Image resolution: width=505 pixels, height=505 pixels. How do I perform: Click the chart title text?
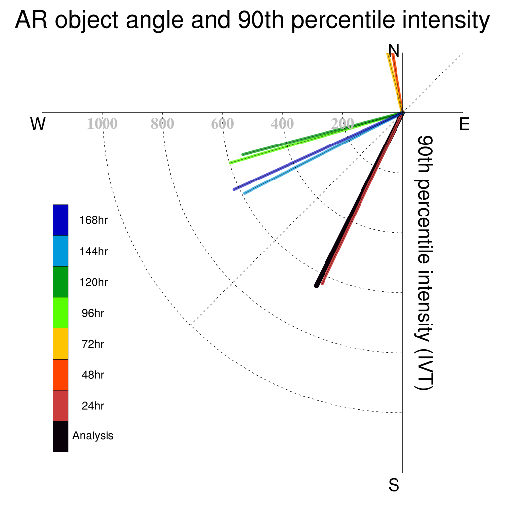252,20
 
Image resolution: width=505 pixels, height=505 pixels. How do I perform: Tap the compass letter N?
394,51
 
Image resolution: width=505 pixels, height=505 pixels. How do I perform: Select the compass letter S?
394,485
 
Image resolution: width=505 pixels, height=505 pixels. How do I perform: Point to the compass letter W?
38,124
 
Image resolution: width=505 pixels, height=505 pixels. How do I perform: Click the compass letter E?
464,124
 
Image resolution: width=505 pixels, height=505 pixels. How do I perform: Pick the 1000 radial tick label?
103,124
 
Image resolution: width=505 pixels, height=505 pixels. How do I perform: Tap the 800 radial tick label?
162,124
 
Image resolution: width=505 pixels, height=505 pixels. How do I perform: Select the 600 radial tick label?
222,124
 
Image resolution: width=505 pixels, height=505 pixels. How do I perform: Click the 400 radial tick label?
283,124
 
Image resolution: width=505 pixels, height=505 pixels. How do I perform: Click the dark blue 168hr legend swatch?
61,220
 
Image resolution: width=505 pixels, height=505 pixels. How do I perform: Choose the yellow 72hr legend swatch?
61,344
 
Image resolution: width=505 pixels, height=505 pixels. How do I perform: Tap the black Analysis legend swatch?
61,436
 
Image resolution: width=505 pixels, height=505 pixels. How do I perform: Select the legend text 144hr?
93,251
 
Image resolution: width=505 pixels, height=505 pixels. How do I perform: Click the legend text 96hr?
93,313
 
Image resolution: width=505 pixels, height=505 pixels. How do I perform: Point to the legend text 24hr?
93,406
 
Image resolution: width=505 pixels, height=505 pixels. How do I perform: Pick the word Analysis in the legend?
93,436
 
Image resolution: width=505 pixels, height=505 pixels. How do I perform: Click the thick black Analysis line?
360,199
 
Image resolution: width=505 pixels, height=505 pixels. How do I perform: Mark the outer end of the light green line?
230,163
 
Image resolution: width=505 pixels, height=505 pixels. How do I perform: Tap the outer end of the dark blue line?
234,189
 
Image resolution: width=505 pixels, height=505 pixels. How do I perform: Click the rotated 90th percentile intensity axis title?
424,263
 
